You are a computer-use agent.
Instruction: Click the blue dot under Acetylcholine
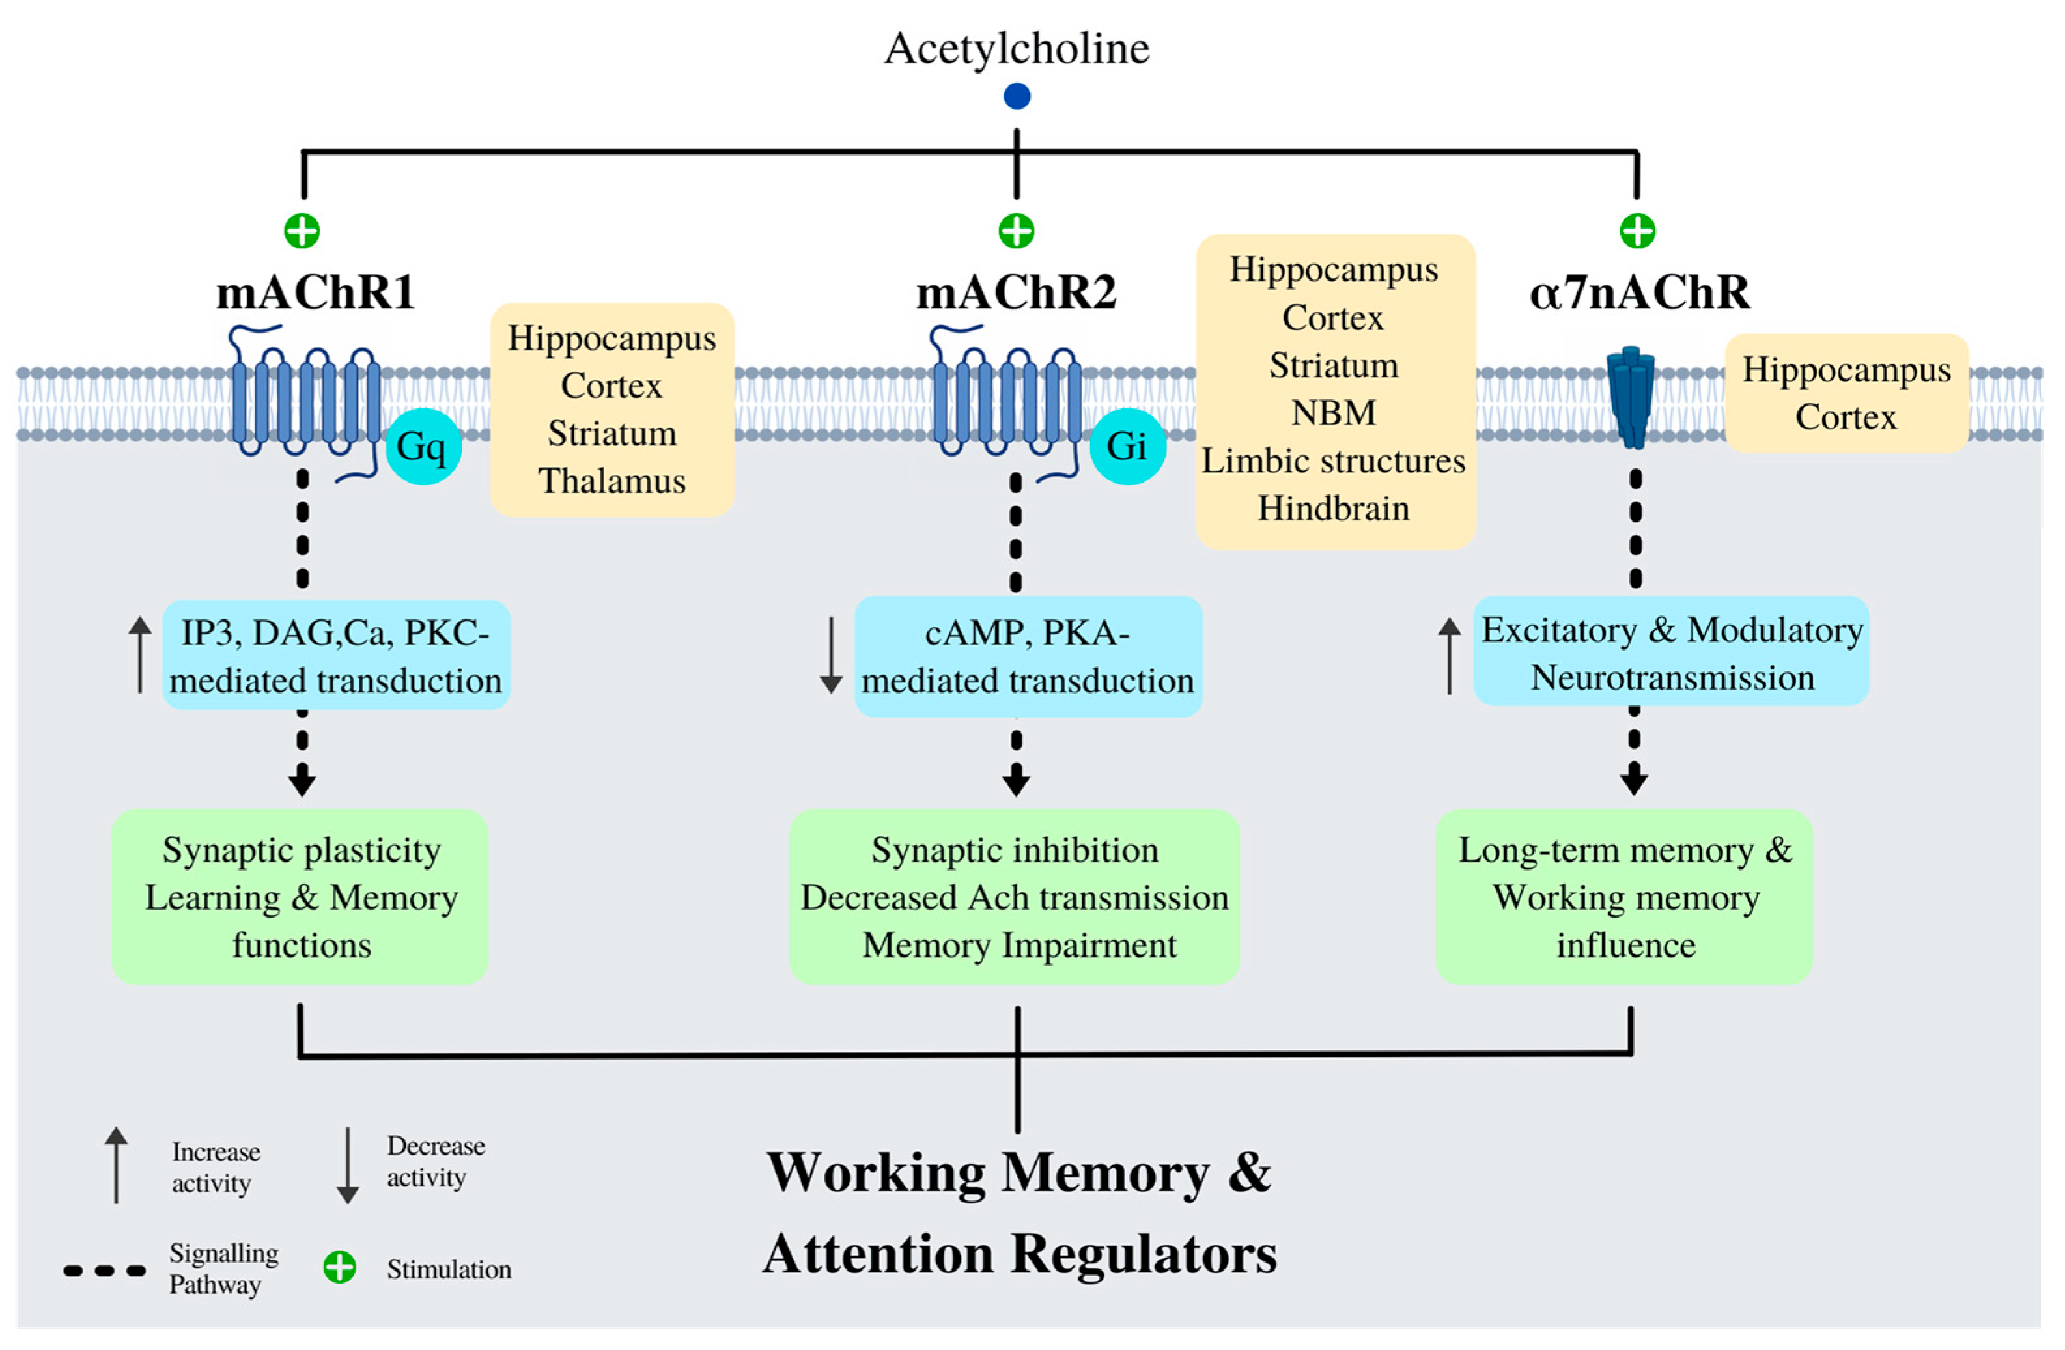pos(1017,96)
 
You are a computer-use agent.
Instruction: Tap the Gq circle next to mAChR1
pos(423,446)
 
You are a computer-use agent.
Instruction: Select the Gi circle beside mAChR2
pos(1127,446)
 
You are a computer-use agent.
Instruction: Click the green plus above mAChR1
pos(302,231)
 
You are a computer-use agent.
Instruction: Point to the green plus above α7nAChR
pos(1637,231)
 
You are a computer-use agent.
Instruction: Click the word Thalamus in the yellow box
pos(611,481)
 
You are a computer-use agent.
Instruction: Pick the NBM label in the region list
pos(1334,413)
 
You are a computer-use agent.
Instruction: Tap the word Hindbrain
pos(1334,509)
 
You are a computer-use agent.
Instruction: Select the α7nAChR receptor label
pos(1639,292)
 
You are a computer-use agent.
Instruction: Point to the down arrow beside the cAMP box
pos(831,655)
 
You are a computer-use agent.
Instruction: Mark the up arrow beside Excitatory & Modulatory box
pos(1450,655)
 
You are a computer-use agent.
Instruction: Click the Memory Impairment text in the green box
pos(1020,945)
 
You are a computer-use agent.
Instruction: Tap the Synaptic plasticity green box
pos(300,896)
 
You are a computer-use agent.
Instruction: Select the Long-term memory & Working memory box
pos(1624,896)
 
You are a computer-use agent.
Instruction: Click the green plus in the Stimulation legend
pos(339,1269)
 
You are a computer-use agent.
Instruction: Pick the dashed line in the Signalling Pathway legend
pos(104,1271)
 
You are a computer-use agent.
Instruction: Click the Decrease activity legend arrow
pos(348,1165)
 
